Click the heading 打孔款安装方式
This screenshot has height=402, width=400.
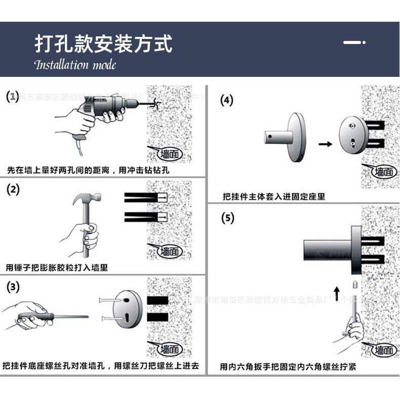click(x=103, y=44)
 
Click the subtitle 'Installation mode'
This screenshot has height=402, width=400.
click(x=75, y=65)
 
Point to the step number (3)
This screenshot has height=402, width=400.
click(x=13, y=287)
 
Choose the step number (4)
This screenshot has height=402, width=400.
click(x=227, y=100)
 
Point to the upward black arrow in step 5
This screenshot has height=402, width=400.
click(x=337, y=293)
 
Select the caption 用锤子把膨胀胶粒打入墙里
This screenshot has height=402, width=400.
click(x=57, y=267)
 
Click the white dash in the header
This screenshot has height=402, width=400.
click(x=353, y=42)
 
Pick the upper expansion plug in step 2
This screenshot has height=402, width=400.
click(x=146, y=197)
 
